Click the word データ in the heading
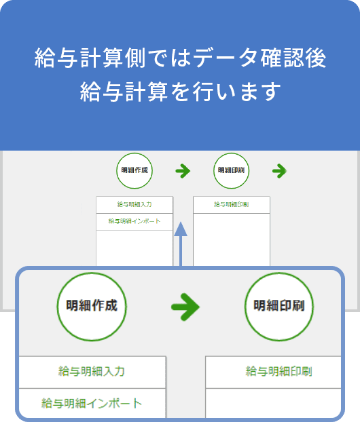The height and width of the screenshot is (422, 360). (225, 58)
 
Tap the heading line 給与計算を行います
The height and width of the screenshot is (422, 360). (180, 92)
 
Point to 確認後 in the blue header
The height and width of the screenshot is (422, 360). (293, 58)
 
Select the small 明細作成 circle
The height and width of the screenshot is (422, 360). (134, 170)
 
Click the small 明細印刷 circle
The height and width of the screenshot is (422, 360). (231, 170)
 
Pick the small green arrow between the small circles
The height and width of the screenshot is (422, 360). (183, 171)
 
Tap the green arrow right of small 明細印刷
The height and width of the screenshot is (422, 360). (279, 171)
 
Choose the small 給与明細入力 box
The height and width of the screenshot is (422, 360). (134, 205)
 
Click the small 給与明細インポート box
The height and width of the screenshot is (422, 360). (134, 222)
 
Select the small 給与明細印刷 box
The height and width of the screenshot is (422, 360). (232, 205)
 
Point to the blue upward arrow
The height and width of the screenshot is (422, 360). (181, 244)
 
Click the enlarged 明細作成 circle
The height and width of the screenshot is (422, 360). (92, 307)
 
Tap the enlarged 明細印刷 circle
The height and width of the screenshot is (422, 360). (279, 307)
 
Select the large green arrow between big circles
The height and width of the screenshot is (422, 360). (185, 307)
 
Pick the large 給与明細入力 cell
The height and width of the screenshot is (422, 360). (92, 372)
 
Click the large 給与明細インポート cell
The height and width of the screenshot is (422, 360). (92, 403)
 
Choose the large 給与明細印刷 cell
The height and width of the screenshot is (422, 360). (273, 372)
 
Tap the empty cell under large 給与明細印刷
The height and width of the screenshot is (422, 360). (273, 403)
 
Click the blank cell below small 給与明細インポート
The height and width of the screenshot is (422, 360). (134, 248)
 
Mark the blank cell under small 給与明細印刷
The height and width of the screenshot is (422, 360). (232, 239)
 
